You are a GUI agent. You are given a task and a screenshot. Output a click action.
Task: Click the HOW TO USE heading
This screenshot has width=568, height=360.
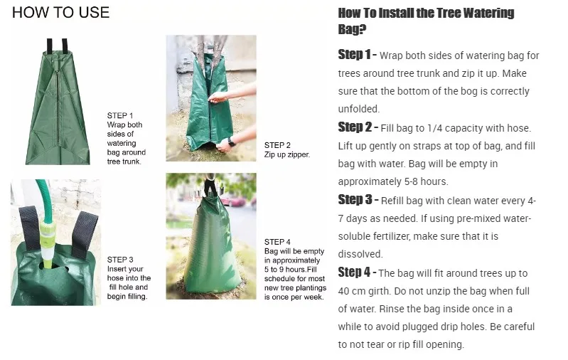[61, 13]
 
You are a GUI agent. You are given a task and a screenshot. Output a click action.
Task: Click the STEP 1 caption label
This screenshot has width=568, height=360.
[120, 115]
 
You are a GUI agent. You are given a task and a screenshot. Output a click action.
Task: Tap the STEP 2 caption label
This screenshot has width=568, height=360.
[277, 144]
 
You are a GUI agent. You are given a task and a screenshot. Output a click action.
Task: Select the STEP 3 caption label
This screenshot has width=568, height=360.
[120, 260]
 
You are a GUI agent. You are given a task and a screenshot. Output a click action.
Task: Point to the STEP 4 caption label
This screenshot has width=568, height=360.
[277, 242]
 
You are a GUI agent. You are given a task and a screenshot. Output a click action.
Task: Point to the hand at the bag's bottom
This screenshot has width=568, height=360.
[227, 144]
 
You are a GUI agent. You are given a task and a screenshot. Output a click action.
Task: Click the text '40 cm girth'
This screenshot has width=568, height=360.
[366, 291]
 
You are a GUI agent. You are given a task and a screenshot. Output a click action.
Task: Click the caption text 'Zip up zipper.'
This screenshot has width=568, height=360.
[287, 154]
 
